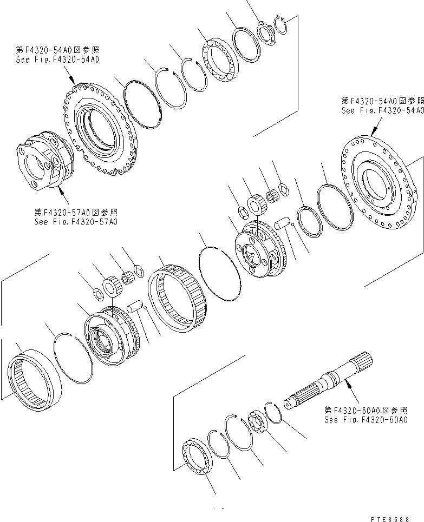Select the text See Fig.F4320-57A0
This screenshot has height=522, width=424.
(75, 221)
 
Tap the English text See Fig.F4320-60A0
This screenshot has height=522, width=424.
(366, 419)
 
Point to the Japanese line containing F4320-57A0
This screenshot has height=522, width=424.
(75, 212)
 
